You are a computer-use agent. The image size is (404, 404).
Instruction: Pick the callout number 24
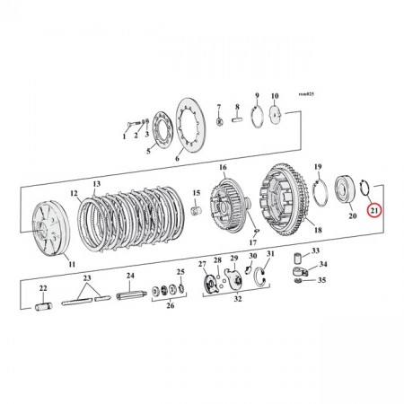coord(130,276)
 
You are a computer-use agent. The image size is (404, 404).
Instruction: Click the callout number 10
coord(276,95)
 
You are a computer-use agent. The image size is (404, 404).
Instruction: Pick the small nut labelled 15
coord(196,209)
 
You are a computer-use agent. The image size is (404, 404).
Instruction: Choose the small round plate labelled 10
coord(275,112)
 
